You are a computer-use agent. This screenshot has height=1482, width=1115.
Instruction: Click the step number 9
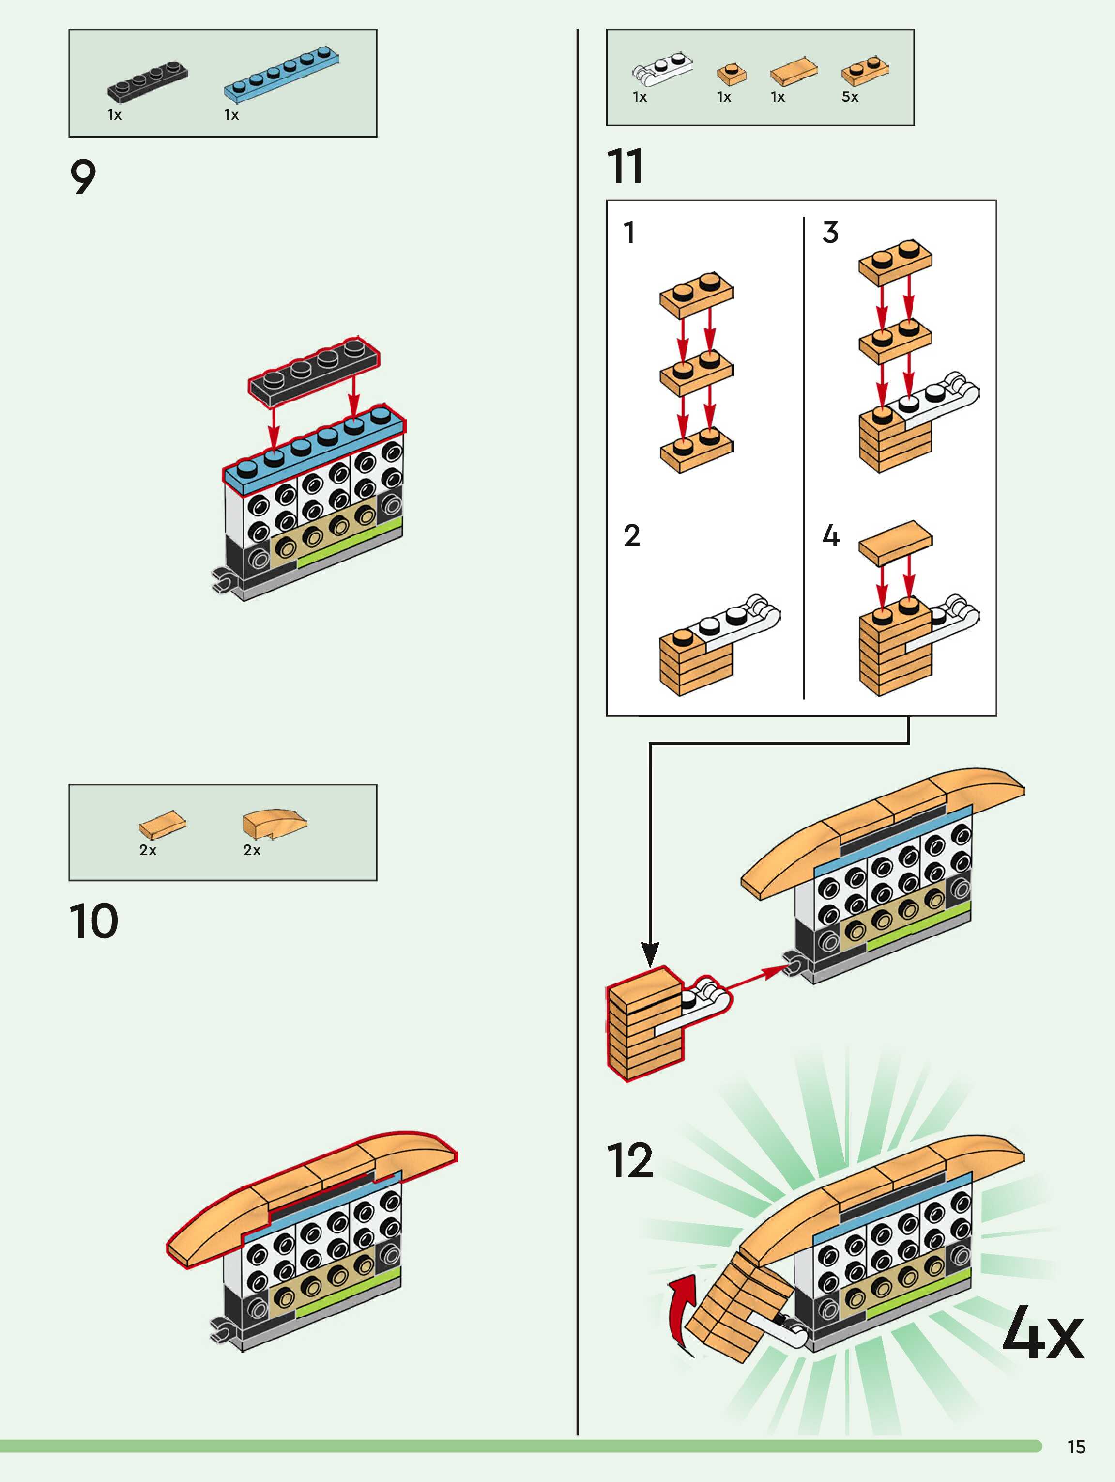click(83, 177)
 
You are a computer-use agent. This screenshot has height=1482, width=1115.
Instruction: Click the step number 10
click(94, 921)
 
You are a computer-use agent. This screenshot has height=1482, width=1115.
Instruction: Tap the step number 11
click(625, 166)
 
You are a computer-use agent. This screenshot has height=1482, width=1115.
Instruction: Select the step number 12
click(629, 1161)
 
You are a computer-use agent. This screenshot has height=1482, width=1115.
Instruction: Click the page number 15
click(1076, 1447)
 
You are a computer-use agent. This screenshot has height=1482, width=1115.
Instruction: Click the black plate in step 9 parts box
click(147, 82)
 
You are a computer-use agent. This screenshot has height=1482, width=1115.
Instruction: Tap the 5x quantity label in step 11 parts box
click(850, 97)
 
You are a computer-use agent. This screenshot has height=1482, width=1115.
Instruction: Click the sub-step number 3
click(830, 233)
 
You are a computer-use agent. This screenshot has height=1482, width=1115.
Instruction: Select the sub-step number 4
click(830, 535)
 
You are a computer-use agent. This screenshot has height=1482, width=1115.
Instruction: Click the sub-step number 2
click(631, 535)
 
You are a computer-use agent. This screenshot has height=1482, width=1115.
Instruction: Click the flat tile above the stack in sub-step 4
click(895, 541)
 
